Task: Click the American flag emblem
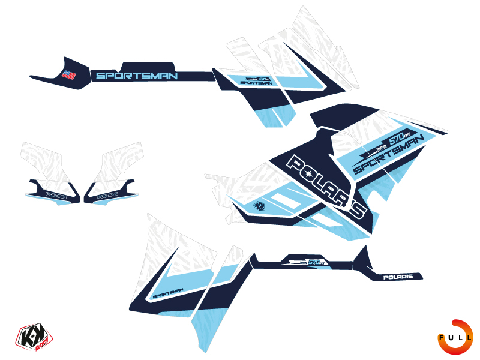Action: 68,75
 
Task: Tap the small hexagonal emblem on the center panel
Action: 259,204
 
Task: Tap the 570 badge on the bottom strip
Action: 314,263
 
